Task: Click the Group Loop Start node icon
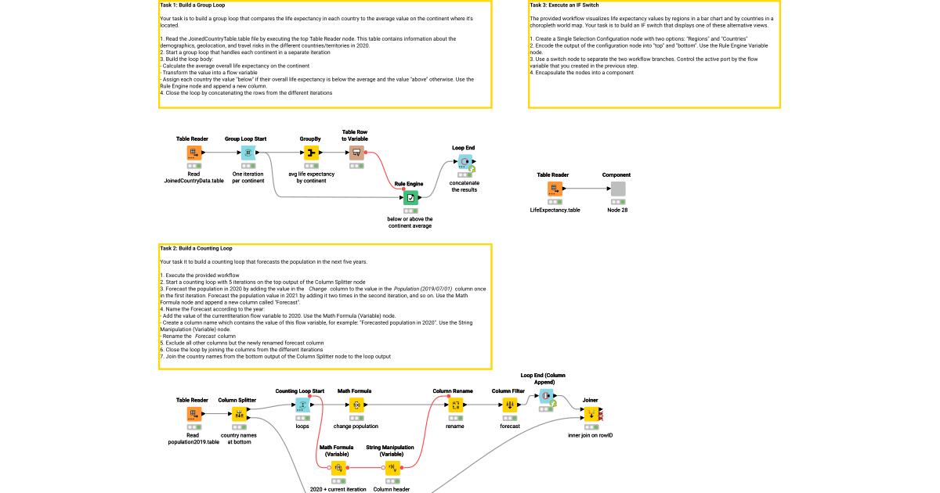point(248,153)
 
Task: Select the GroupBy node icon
point(310,153)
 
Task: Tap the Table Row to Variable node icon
point(356,153)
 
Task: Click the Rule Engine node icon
point(410,198)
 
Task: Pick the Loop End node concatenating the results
point(463,162)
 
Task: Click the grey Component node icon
point(618,189)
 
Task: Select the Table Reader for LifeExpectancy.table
point(555,189)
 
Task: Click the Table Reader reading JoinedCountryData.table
point(193,153)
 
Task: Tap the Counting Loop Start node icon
point(302,405)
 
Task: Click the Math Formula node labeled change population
point(356,405)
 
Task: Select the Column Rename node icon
point(455,405)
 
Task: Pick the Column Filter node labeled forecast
point(509,405)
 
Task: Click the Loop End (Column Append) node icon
point(547,398)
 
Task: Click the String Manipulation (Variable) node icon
point(392,468)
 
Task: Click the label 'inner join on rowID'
point(590,435)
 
